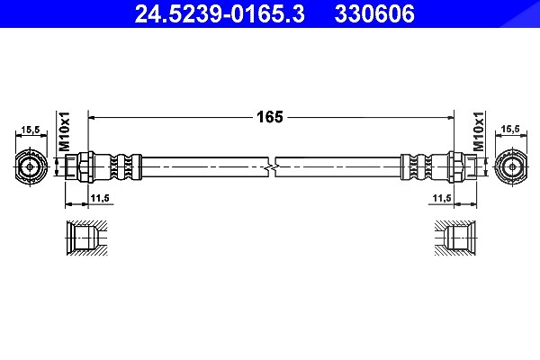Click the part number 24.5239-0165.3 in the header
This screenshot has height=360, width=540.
pos(220,13)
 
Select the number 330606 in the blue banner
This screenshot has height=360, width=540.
pos(374,13)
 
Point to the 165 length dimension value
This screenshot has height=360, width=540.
pos(270,117)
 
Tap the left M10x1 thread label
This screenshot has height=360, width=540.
pos(64,131)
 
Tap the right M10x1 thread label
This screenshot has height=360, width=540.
pos(478,131)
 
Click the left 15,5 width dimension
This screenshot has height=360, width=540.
pos(31,130)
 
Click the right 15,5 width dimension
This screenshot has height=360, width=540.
pos(510,130)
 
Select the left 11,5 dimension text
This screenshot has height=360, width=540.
pos(100,198)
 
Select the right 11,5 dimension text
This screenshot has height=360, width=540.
pos(442,198)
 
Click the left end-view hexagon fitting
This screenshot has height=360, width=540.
pos(31,167)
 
